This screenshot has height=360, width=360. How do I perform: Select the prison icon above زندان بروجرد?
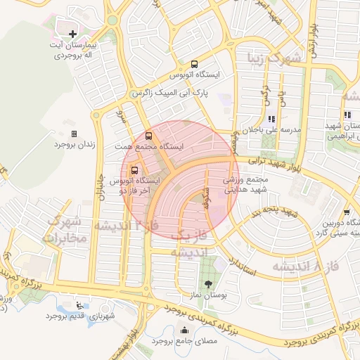(74, 133)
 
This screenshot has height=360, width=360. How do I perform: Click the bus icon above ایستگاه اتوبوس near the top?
(195, 64)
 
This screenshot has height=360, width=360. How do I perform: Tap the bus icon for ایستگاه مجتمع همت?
(148, 136)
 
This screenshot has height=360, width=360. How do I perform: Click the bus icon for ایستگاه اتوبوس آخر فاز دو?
(134, 169)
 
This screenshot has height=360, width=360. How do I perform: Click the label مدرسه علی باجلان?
(272, 129)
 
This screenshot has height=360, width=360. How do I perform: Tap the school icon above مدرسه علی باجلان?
(271, 119)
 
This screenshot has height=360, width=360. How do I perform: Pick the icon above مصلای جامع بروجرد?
(184, 330)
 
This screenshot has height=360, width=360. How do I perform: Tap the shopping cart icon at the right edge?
(347, 212)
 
